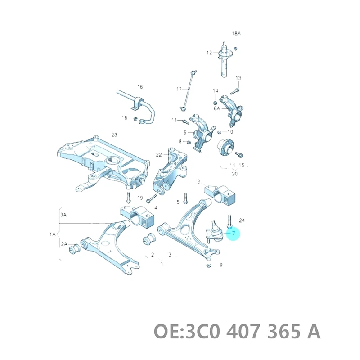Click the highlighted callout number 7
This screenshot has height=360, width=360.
pos(234,233)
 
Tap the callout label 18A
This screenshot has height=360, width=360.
pos(236,34)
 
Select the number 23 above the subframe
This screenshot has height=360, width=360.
pos(114,135)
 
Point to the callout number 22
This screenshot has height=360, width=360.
pos(159,155)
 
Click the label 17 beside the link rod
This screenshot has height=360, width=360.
pos(179,89)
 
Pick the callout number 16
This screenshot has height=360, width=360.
pos(139,86)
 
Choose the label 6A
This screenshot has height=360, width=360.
pos(217,108)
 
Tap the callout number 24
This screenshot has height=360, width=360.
pos(242,220)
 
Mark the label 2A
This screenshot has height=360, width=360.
pos(63,244)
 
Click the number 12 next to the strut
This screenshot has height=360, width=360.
pos(209,53)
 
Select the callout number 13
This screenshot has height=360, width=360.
pos(238,78)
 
